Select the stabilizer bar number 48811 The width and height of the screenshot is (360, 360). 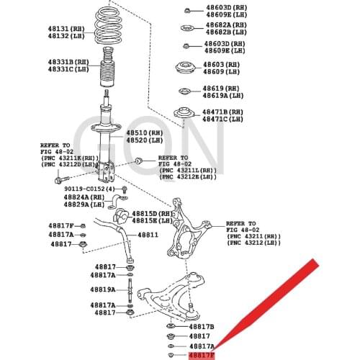coord(148,234)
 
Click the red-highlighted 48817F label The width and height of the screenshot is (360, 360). coord(201,355)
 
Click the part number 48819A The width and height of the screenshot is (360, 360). coord(102,289)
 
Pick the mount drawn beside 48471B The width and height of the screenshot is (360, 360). coord(184,115)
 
